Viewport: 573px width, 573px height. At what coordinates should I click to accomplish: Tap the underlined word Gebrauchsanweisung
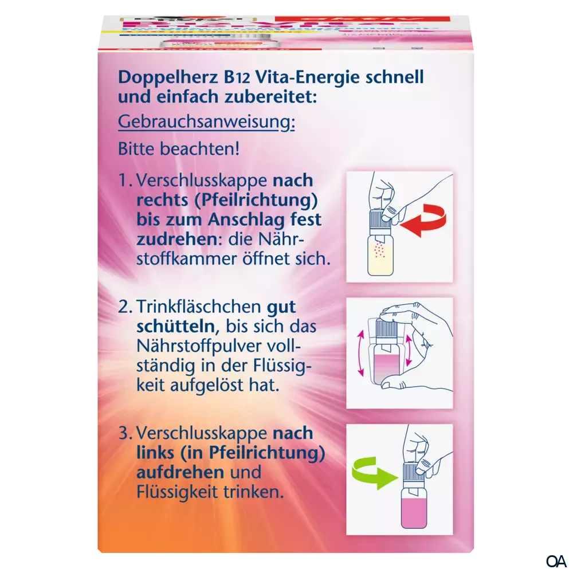pos(205,123)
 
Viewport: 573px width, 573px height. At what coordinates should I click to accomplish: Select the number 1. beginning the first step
pos(125,180)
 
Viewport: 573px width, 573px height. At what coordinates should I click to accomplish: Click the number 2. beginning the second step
pos(125,307)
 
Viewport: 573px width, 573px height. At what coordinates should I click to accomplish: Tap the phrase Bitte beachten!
pos(178,150)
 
